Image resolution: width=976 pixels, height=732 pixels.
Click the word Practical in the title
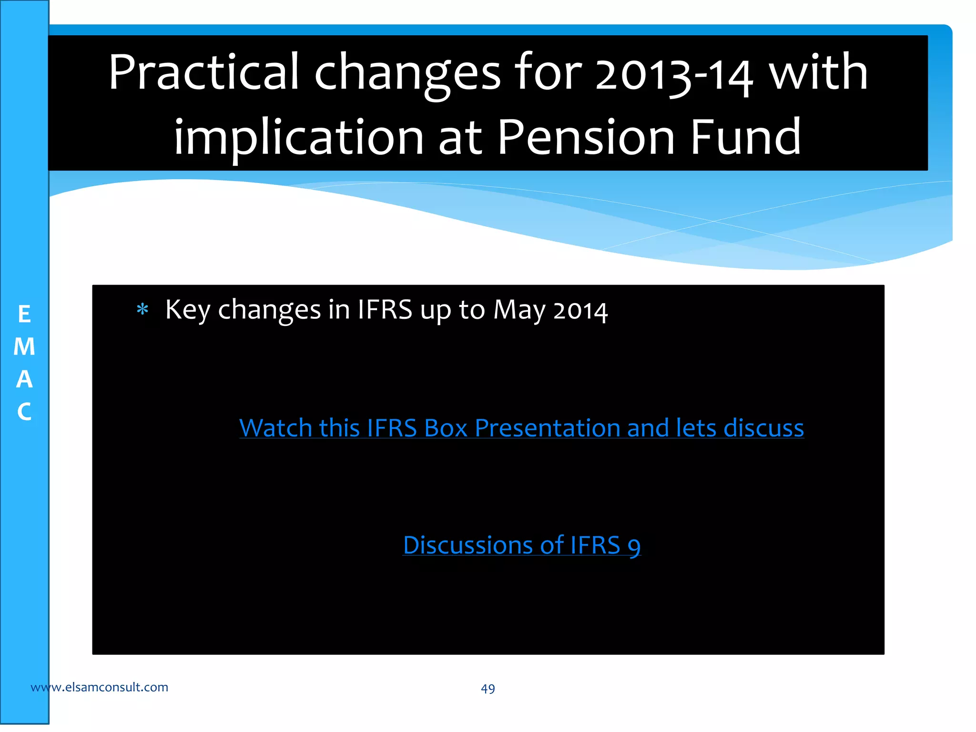point(203,73)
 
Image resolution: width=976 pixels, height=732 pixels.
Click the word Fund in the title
point(746,138)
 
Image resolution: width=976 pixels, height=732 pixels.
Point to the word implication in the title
point(299,139)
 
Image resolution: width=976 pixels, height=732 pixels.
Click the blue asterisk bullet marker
point(142,310)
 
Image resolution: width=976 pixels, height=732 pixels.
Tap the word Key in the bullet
point(187,310)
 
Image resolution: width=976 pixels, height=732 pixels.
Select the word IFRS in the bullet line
point(385,310)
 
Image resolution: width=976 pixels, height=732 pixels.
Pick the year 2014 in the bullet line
point(580,311)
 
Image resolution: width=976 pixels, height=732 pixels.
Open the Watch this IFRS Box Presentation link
point(521,428)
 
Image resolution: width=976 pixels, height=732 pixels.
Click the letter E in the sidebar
point(24,315)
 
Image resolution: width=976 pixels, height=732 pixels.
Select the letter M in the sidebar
point(24,347)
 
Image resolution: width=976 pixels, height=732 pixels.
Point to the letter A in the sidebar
point(24,379)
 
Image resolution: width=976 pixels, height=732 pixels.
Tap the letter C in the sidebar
point(24,412)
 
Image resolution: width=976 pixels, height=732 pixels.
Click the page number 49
point(488,689)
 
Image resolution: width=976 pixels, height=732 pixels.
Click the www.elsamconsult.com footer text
point(99,687)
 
